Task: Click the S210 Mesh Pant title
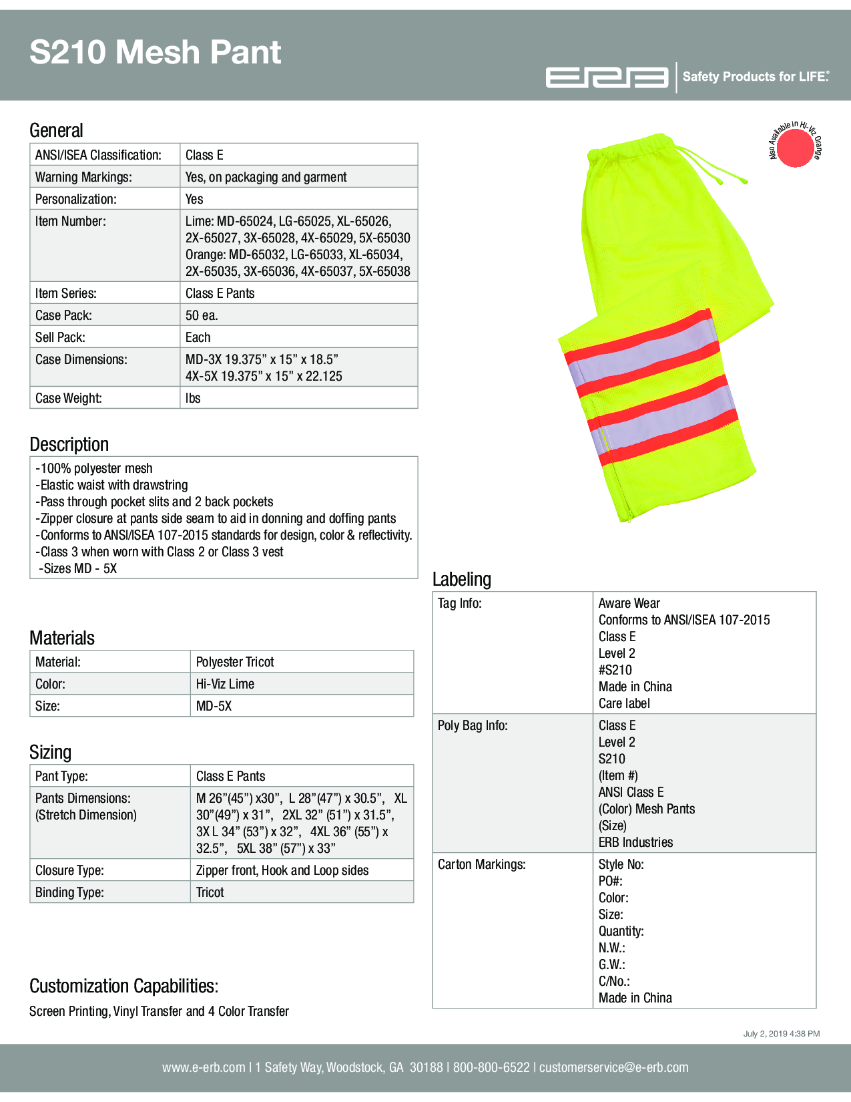pos(155,52)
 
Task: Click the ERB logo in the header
pos(606,77)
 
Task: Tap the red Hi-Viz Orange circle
pos(795,148)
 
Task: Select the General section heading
pos(56,130)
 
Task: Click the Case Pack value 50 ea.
pos(202,315)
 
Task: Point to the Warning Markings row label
pos(83,177)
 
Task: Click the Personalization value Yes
pos(194,199)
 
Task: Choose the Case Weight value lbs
pos(193,398)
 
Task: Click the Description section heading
pos(69,444)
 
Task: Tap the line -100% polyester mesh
pos(94,468)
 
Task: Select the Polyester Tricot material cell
pos(235,662)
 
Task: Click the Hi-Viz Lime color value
pos(225,684)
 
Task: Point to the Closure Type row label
pos(69,870)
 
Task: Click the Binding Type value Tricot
pos(210,892)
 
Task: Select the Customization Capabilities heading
pos(123,986)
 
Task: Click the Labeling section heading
pos(461,579)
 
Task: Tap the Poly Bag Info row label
pos(473,725)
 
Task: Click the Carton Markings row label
pos(481,864)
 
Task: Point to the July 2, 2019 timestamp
pos(781,1034)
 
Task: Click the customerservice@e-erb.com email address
pos(613,1067)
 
